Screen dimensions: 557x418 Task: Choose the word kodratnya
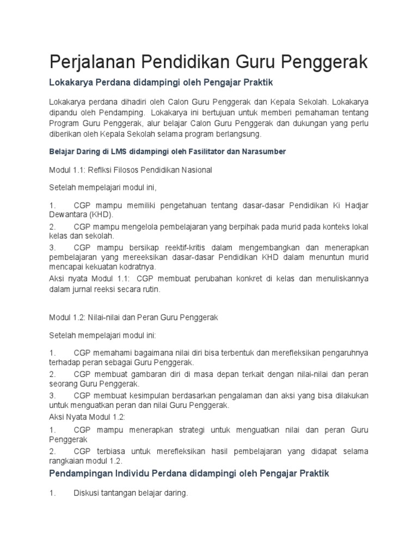[x=133, y=267]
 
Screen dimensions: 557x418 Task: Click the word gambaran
[x=138, y=375]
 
